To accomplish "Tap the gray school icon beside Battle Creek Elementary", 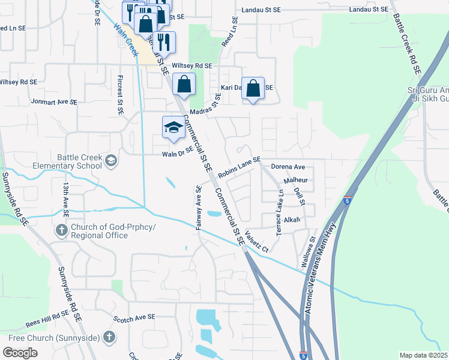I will coord(111,160).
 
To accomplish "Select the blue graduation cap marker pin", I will coord(173,128).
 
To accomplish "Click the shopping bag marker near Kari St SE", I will coord(253,88).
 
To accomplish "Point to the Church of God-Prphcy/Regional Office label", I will coord(112,231).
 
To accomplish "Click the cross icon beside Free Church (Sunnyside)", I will coord(109,337).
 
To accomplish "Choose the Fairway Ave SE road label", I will coord(198,207).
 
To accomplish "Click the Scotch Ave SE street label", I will coord(134,317).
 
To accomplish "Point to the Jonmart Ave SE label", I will coord(54,102).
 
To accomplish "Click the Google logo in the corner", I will coord(20,352).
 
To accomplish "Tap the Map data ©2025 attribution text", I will coord(423,355).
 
